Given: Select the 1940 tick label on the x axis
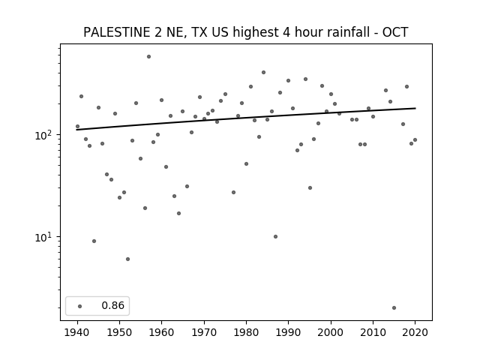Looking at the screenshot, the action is pyautogui.click(x=77, y=332).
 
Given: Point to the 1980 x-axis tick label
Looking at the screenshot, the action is pyautogui.click(x=246, y=332).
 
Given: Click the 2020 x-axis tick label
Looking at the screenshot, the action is pyautogui.click(x=415, y=332).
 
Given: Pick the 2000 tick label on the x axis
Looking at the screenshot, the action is pyautogui.click(x=331, y=332).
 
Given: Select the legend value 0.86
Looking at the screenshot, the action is pyautogui.click(x=113, y=305).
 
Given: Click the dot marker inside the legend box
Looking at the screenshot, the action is pyautogui.click(x=80, y=306).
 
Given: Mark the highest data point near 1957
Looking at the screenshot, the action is pyautogui.click(x=148, y=57).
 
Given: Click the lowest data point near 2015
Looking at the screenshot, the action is pyautogui.click(x=394, y=307).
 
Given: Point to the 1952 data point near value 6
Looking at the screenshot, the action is pyautogui.click(x=128, y=259).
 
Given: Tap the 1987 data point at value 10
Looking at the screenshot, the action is pyautogui.click(x=275, y=237).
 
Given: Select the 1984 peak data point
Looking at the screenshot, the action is pyautogui.click(x=263, y=73).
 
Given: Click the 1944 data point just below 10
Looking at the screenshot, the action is pyautogui.click(x=94, y=241).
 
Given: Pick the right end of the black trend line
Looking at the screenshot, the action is pyautogui.click(x=415, y=108).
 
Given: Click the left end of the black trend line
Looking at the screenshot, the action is pyautogui.click(x=76, y=130).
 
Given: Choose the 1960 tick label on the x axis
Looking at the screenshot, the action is pyautogui.click(x=162, y=332).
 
